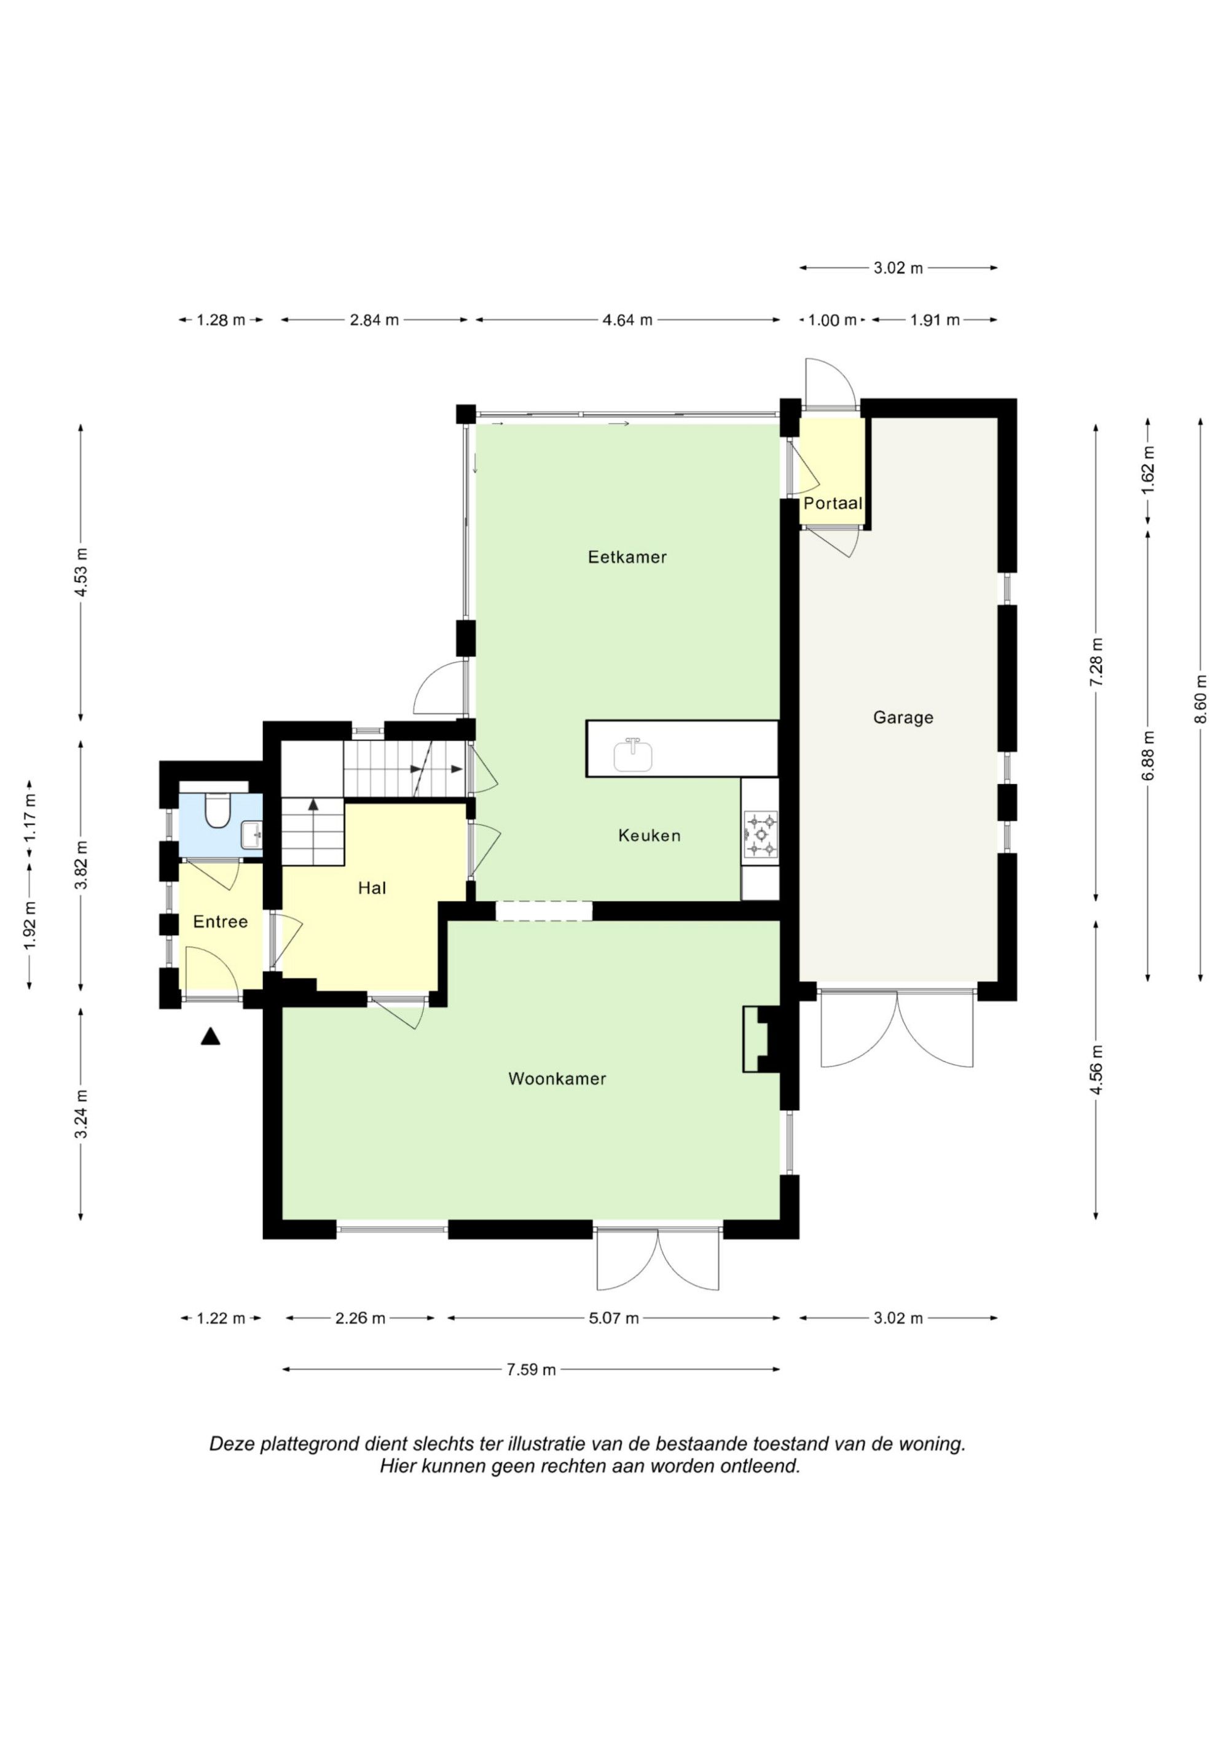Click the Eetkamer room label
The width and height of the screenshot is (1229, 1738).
coord(627,557)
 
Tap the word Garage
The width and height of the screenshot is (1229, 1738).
coord(903,717)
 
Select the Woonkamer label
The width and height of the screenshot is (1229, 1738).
coord(557,1079)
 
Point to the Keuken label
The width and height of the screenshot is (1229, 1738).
coord(649,836)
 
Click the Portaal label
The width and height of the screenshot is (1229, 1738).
coord(833,503)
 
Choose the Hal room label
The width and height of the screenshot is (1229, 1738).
coord(372,888)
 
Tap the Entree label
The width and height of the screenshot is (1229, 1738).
coord(221,922)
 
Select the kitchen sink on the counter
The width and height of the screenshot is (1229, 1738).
coord(633,754)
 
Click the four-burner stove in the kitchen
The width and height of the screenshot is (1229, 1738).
coord(760,835)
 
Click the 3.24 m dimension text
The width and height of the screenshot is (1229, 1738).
coord(82,1113)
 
